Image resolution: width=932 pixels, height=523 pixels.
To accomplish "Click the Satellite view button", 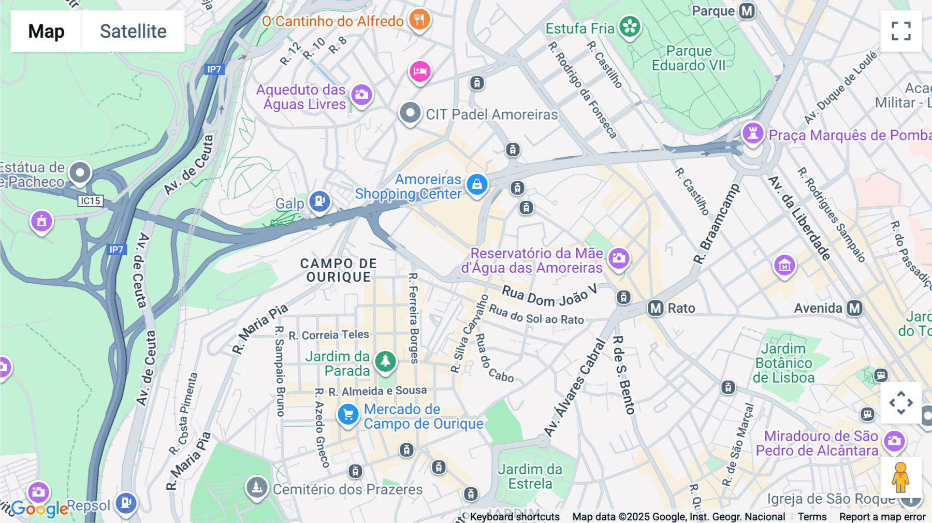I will (133, 31).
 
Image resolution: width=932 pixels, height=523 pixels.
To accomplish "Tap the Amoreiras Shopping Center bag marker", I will (476, 184).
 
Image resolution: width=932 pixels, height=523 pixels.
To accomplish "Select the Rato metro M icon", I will (656, 309).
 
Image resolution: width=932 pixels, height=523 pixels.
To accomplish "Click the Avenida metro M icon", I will (854, 309).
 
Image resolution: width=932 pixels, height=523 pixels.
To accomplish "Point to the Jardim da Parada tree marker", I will (385, 360).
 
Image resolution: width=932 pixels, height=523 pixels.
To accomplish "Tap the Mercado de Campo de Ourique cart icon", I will (348, 414).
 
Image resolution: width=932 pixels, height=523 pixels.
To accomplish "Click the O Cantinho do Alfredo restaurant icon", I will (419, 20).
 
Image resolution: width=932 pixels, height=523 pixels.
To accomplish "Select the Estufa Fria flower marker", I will (630, 26).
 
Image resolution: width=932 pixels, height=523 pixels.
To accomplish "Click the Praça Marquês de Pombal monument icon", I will (752, 133).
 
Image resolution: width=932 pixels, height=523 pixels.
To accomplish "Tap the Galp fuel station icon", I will (319, 200).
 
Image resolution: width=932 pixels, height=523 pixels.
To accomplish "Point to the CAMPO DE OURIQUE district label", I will (339, 270).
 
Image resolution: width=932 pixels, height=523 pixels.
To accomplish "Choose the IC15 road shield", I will (91, 201).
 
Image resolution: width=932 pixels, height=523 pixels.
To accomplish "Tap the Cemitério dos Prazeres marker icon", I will (256, 487).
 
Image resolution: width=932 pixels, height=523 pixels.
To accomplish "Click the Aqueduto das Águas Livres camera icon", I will (361, 95).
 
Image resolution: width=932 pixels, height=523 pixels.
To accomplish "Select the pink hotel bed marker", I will (420, 71).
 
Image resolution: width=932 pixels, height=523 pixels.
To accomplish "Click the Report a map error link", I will (882, 517).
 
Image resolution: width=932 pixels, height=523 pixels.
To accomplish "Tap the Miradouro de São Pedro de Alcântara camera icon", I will (894, 441).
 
